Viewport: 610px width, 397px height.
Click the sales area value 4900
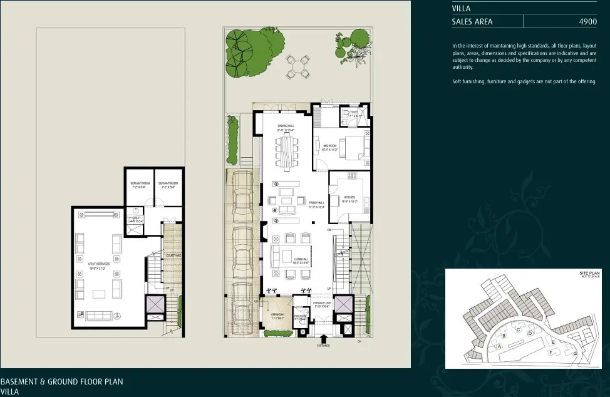(587, 21)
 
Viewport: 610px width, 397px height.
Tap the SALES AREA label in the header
(472, 21)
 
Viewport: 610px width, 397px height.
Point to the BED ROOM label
(330, 147)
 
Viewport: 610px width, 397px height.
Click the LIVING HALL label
(301, 260)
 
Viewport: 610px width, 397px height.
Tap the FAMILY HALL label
(316, 204)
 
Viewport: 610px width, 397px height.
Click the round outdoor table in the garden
(298, 65)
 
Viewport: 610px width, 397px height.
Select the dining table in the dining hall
(286, 154)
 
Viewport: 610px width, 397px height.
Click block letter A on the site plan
(500, 345)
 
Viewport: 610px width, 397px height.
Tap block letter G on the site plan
(575, 354)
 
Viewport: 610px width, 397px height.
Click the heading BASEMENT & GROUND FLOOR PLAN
(61, 381)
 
